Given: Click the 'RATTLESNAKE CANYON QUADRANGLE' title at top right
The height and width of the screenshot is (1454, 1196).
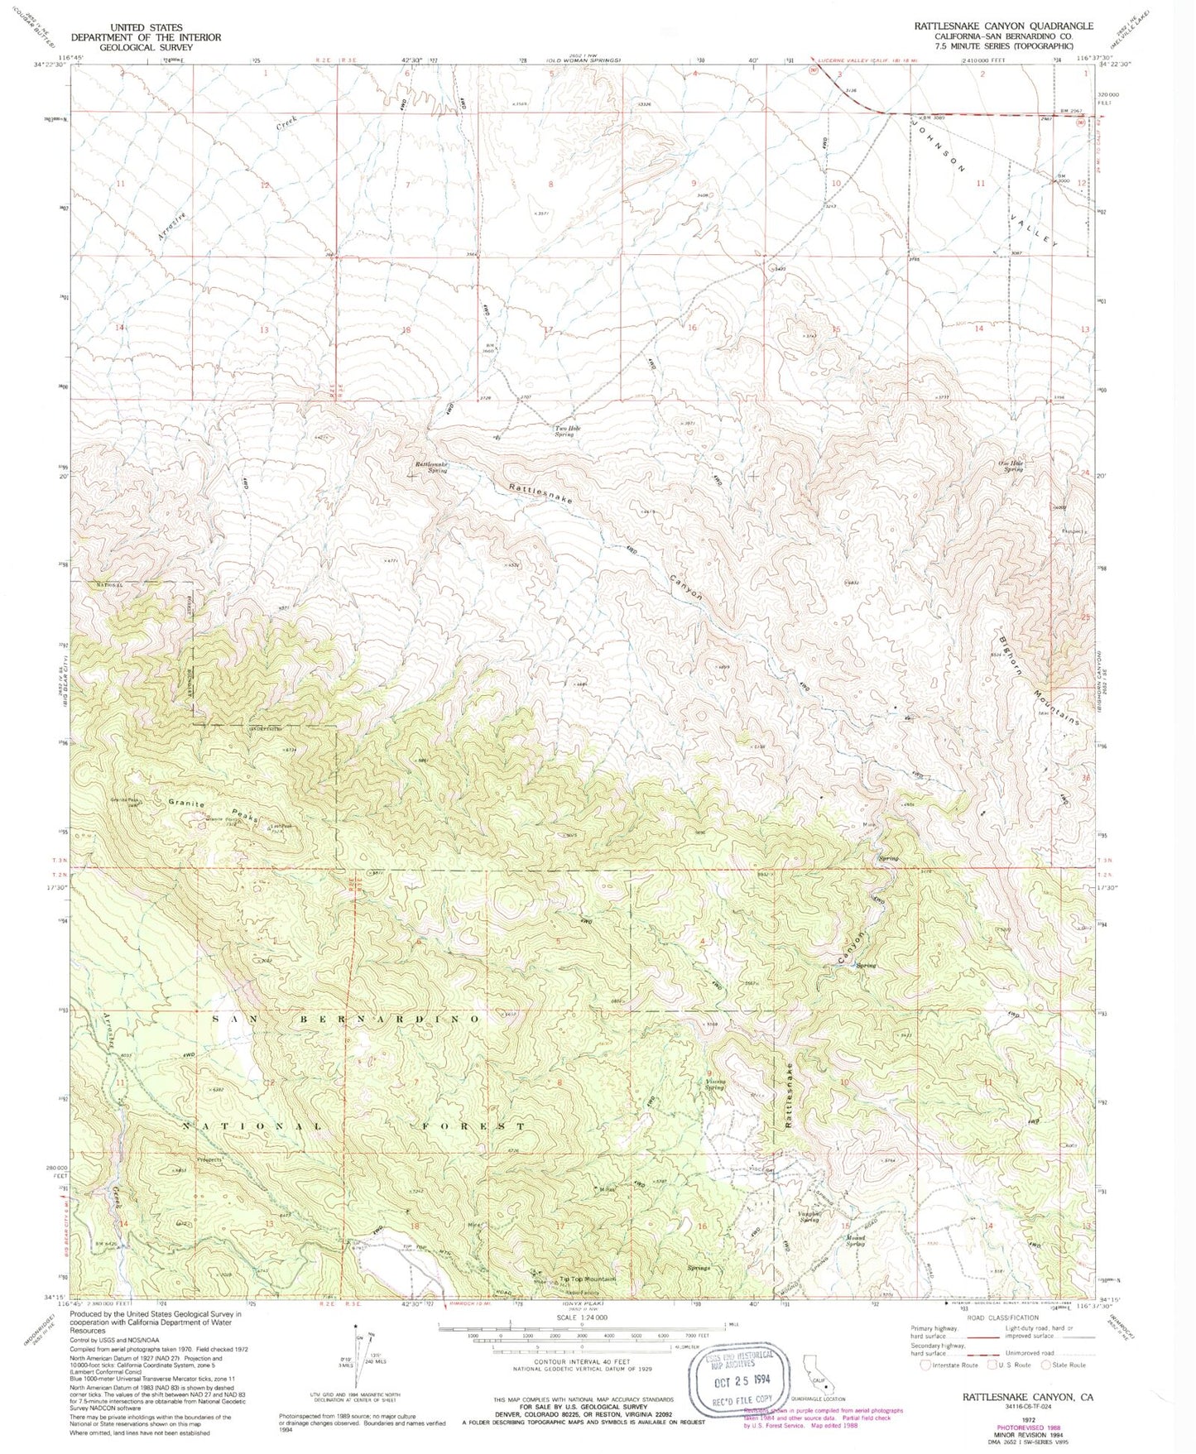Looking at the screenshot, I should pyautogui.click(x=1003, y=26).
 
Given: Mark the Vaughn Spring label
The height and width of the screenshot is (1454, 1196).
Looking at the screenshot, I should pyautogui.click(x=809, y=1216).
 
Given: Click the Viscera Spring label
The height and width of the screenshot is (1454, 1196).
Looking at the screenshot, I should pyautogui.click(x=715, y=1084).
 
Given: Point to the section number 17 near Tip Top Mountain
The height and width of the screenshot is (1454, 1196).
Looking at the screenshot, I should pyautogui.click(x=560, y=1225).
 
